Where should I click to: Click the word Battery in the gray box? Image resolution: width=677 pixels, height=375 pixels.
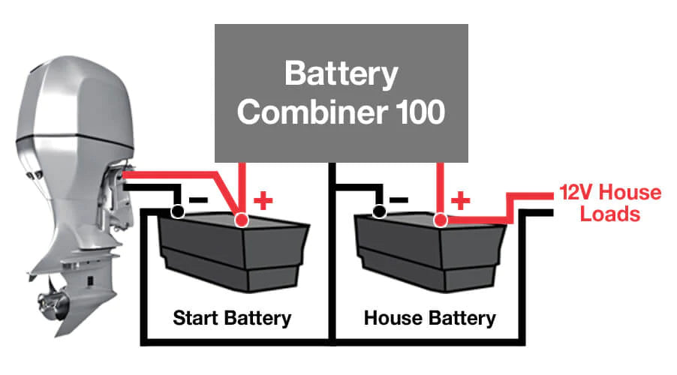pyautogui.click(x=342, y=75)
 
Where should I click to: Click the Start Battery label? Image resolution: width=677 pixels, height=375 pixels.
pyautogui.click(x=231, y=317)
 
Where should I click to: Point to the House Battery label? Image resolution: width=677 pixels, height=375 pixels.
pyautogui.click(x=429, y=317)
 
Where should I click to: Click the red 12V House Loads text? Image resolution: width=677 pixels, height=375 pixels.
pyautogui.click(x=609, y=203)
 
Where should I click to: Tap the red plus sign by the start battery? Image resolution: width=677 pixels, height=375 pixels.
pyautogui.click(x=263, y=200)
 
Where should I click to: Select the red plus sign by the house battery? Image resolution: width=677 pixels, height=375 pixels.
pyautogui.click(x=462, y=200)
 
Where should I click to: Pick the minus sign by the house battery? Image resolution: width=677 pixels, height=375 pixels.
pyautogui.click(x=399, y=200)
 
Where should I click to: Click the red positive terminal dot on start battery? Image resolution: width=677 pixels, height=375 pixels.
pyautogui.click(x=241, y=220)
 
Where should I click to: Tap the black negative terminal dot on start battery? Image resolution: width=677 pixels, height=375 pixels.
pyautogui.click(x=177, y=211)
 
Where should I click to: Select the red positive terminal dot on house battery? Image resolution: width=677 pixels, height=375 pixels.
pyautogui.click(x=441, y=220)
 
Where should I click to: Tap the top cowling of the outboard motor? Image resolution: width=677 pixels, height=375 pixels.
pyautogui.click(x=68, y=82)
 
